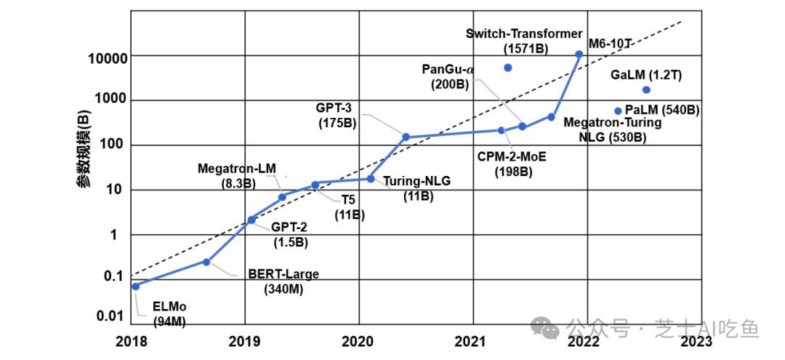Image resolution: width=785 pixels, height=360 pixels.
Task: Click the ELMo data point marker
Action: click(136, 286)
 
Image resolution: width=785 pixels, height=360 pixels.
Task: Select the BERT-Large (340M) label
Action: click(283, 281)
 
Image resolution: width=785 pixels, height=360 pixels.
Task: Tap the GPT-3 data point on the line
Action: click(406, 137)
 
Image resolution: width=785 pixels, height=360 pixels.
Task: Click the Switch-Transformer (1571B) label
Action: click(524, 41)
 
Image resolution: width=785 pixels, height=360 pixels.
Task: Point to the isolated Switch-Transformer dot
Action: click(507, 68)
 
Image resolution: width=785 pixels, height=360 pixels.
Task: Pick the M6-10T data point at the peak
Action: click(579, 55)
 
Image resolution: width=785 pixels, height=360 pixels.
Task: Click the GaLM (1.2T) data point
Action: click(646, 89)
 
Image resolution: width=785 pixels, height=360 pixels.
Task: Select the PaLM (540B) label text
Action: click(662, 111)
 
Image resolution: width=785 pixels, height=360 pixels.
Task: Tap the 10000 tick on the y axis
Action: click(107, 58)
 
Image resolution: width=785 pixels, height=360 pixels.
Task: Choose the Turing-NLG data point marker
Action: click(371, 179)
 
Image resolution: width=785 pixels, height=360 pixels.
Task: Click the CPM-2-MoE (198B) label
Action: click(513, 164)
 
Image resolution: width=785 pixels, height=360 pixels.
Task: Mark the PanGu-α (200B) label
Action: click(448, 76)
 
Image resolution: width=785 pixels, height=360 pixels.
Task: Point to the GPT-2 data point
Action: click(251, 220)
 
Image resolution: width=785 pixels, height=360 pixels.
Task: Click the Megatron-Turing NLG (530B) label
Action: click(613, 129)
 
